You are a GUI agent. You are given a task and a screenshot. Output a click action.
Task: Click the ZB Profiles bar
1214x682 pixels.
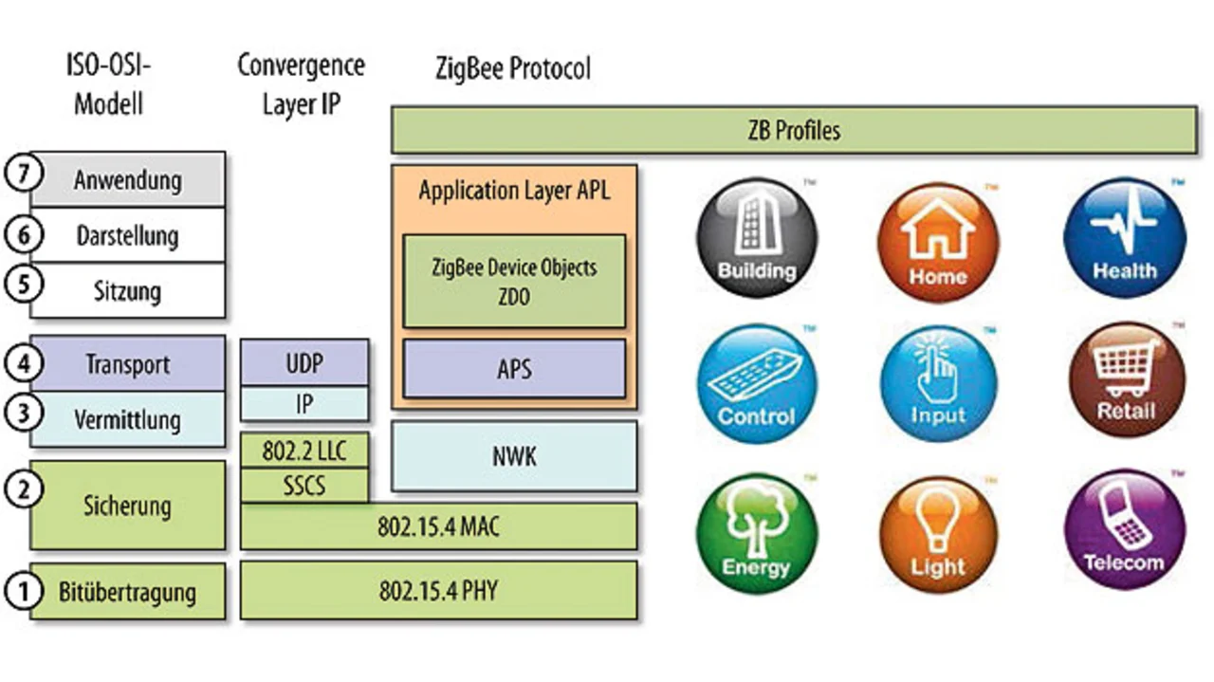793,130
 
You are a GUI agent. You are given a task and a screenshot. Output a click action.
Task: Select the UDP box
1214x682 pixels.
303,362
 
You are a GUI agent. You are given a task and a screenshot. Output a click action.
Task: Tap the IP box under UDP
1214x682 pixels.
303,404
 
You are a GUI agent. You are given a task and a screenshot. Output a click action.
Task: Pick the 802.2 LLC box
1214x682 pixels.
303,451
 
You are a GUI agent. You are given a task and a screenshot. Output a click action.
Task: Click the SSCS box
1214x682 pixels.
303,486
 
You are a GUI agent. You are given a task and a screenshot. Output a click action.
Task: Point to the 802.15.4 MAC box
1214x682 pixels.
438,526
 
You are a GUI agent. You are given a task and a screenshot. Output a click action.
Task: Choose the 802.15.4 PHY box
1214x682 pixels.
438,591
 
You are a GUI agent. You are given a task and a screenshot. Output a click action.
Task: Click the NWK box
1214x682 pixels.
514,456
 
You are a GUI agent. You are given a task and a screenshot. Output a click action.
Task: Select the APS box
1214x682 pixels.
514,368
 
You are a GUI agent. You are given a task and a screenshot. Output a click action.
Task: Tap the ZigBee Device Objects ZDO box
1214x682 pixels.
514,281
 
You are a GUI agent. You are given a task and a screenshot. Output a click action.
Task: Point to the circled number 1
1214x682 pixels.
19,592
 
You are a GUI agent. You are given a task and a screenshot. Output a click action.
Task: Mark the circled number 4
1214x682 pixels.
19,364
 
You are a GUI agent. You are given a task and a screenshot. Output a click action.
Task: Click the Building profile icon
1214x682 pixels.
756,238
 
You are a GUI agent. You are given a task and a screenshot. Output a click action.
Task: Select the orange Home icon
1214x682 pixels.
938,238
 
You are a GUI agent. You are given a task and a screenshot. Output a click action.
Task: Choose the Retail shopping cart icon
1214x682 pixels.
1126,380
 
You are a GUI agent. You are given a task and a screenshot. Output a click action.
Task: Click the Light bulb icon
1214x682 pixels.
938,531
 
